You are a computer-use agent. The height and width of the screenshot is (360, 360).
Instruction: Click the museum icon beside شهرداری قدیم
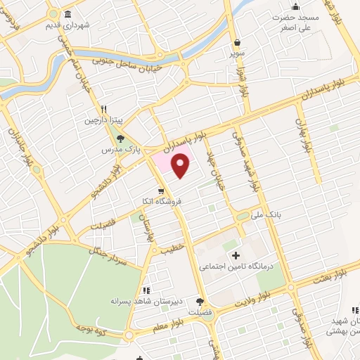67,15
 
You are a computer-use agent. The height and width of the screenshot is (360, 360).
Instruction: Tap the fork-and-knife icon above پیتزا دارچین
104,109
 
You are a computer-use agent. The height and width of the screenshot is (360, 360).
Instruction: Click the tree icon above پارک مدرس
120,138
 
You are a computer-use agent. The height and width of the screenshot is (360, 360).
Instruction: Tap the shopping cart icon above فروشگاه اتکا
162,191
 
